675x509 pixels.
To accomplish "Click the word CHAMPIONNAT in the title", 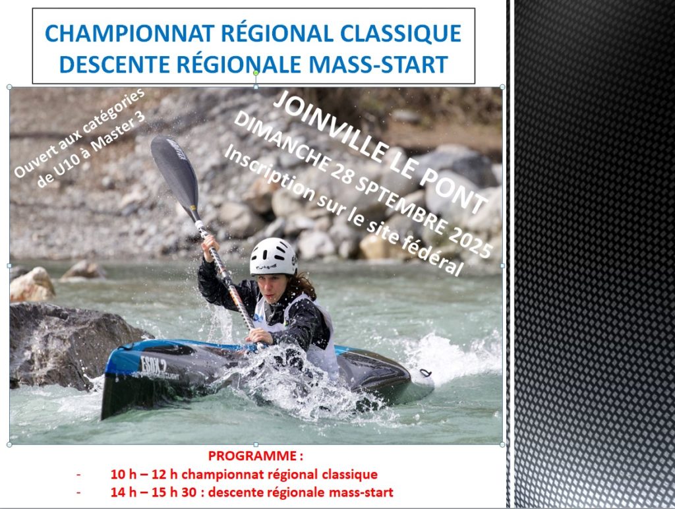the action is pos(130,34).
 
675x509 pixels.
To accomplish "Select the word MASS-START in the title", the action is pos(378,64).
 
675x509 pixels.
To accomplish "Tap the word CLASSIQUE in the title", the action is pos(401,34).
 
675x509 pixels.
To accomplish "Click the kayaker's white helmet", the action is pos(274,256).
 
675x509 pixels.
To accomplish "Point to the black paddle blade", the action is pos(174,172).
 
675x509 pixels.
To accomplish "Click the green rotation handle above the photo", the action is pos(256,73).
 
